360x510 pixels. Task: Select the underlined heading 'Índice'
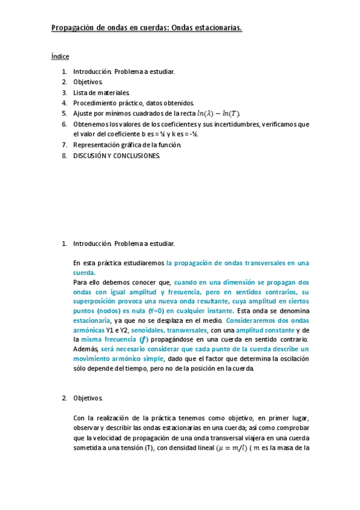[x=60, y=57]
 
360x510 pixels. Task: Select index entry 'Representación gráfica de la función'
[x=127, y=145]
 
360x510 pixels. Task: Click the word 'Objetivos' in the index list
[x=88, y=82]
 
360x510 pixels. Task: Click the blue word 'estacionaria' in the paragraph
[x=91, y=321]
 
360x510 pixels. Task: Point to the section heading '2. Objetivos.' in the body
[x=88, y=398]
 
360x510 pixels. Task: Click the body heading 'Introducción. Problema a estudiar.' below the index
[x=124, y=244]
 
